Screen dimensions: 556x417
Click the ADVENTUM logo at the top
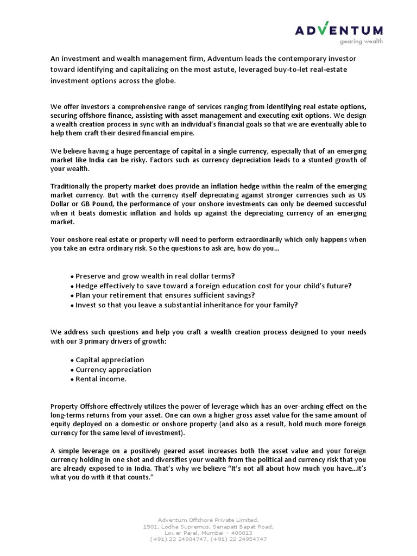pos(338,30)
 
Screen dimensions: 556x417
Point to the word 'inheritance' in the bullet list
pos(223,305)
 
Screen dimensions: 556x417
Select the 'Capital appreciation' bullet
pos(107,359)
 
